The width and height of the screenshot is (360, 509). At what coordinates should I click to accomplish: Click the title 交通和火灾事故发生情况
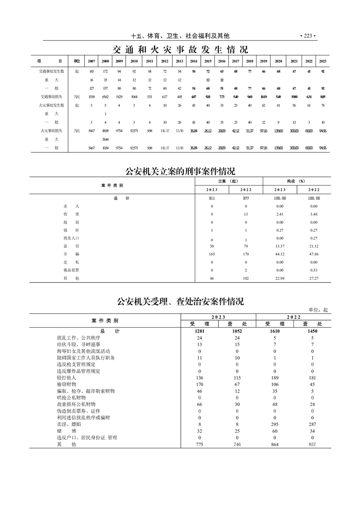click(x=180, y=49)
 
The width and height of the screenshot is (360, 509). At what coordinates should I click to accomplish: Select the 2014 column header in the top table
click(x=193, y=61)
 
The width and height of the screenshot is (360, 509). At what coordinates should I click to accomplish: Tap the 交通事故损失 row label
click(x=51, y=97)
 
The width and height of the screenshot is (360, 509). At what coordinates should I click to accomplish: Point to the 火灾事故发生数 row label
click(x=51, y=105)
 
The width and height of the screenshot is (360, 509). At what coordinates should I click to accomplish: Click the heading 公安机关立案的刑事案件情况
click(x=180, y=171)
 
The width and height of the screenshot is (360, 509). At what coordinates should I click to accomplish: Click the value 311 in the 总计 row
click(x=212, y=198)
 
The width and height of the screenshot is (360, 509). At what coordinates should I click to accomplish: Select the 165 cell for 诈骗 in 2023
click(x=212, y=254)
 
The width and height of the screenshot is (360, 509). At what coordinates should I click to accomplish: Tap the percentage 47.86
click(x=313, y=254)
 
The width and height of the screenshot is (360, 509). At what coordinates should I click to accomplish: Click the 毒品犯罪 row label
click(x=71, y=270)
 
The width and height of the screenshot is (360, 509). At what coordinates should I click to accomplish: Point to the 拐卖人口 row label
click(x=71, y=238)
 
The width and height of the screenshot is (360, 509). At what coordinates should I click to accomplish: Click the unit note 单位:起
click(x=318, y=309)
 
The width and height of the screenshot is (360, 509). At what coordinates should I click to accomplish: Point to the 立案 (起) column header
click(x=228, y=181)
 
